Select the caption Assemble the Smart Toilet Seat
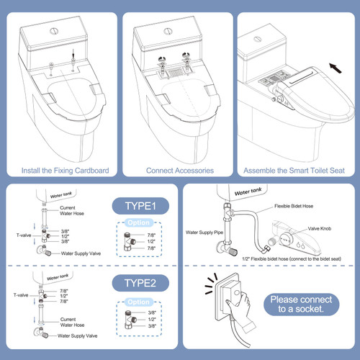(x=295, y=171)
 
